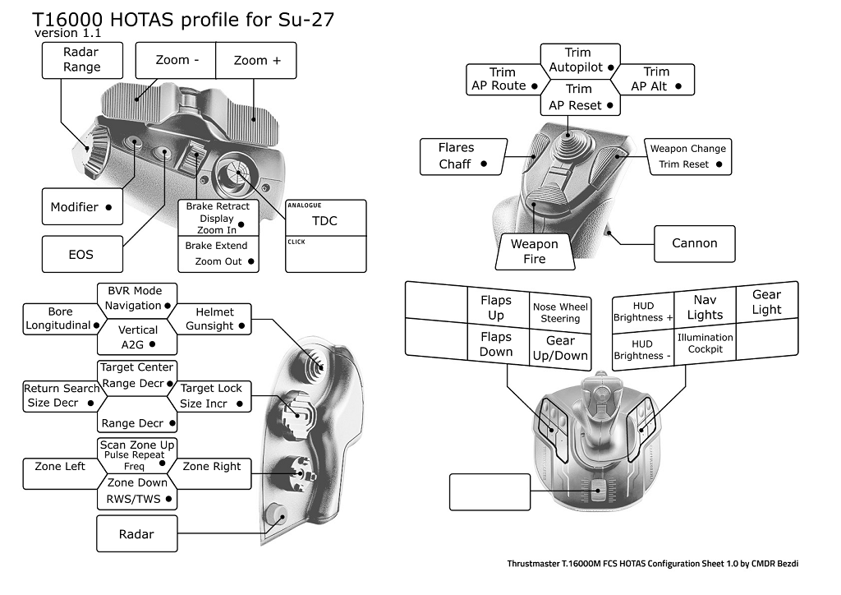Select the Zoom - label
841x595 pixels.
(x=177, y=61)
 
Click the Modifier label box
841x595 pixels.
(x=82, y=207)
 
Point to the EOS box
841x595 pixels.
(x=81, y=255)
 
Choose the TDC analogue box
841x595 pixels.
(x=325, y=220)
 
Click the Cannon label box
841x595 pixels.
(x=694, y=243)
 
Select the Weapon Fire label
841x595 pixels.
(x=535, y=251)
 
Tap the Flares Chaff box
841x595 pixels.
(x=460, y=156)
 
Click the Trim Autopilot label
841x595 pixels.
(x=579, y=60)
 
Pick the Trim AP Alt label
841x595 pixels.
(x=653, y=79)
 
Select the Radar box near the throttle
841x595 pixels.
(x=136, y=534)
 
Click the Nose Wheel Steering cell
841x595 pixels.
(x=561, y=313)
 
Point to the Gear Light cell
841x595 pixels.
(x=766, y=302)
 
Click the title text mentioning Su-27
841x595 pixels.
(x=182, y=20)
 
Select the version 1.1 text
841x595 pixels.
(x=67, y=34)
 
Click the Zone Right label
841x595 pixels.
(x=212, y=467)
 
